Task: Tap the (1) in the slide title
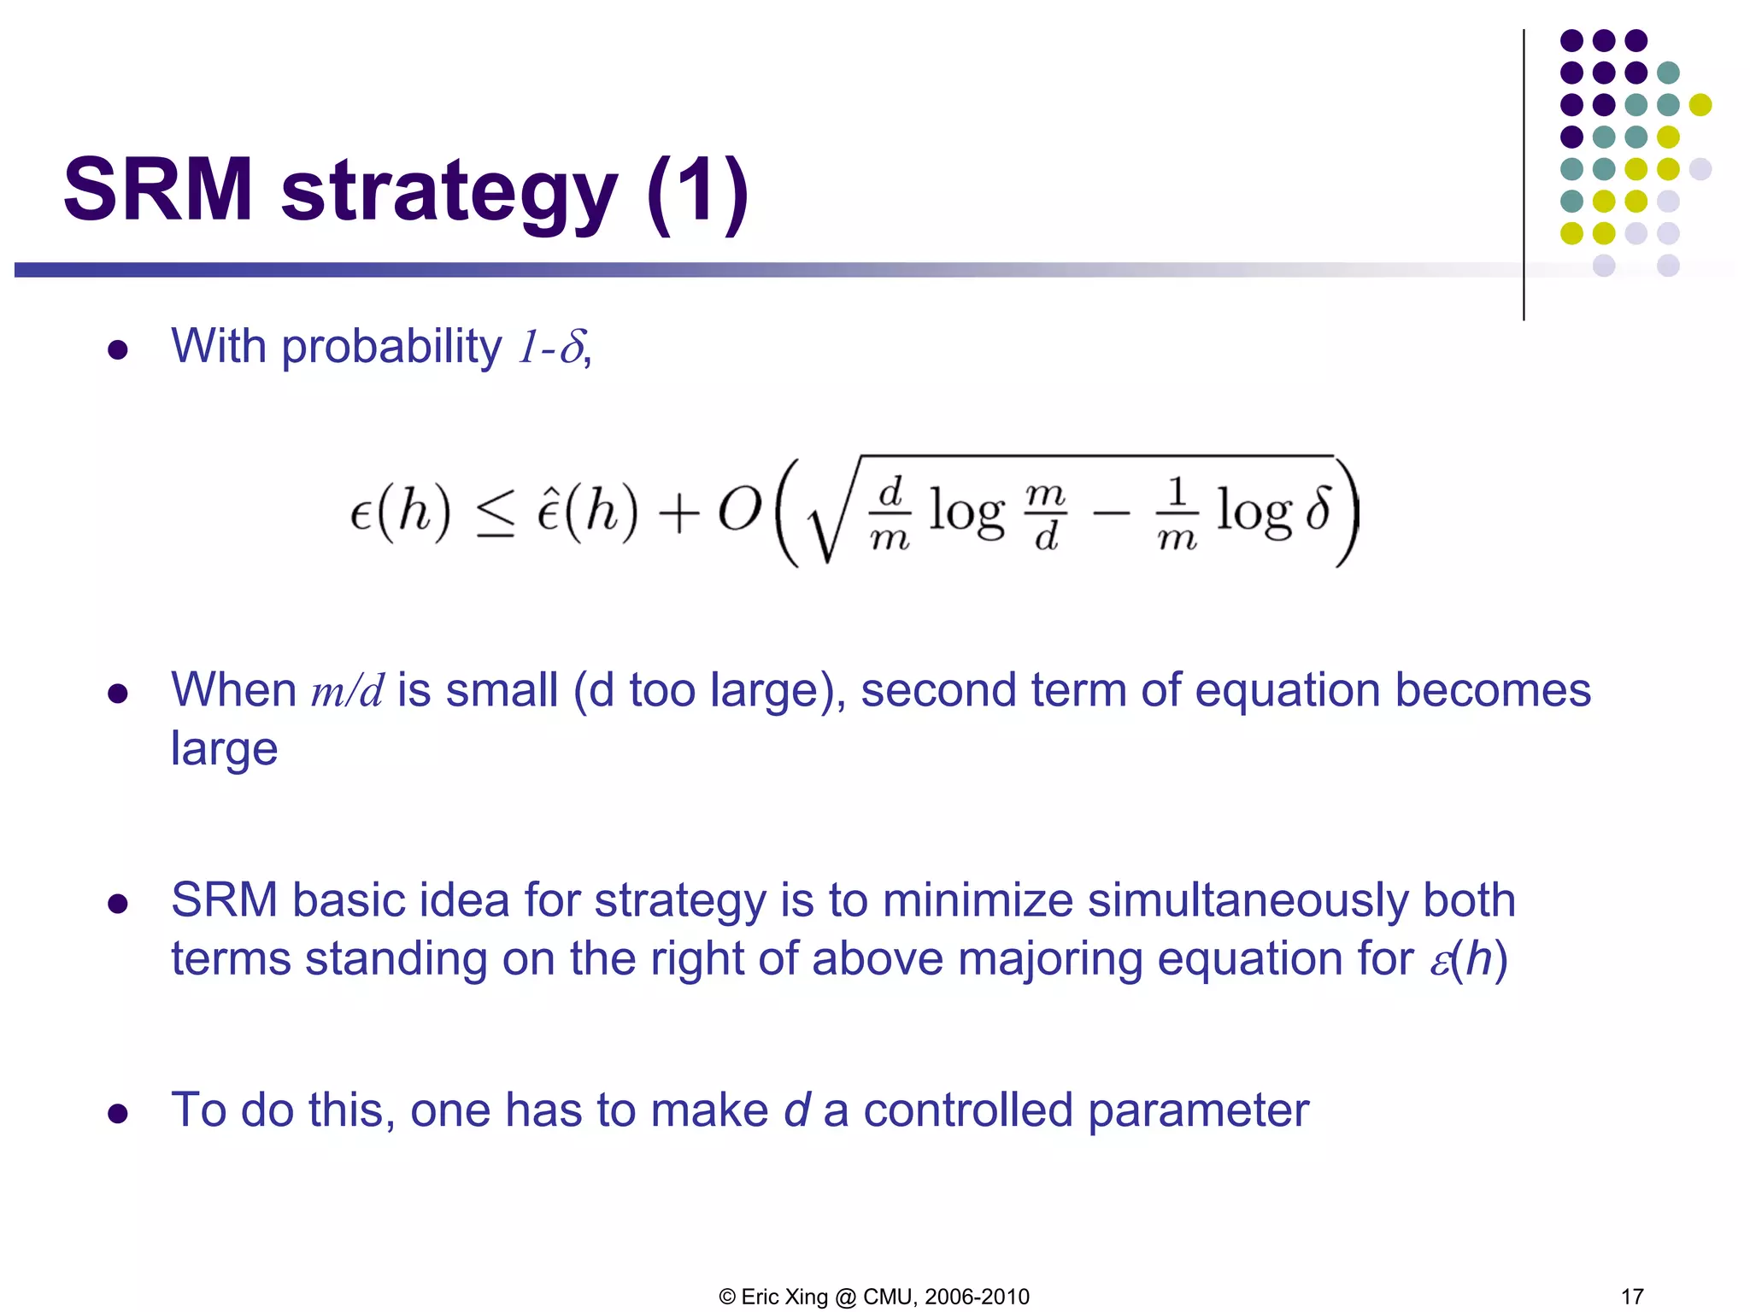(697, 192)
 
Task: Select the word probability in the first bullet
(391, 347)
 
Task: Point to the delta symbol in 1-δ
(572, 348)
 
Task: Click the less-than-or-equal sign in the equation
(496, 513)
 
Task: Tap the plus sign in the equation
(678, 515)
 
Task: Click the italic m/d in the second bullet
(347, 691)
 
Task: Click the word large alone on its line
(224, 748)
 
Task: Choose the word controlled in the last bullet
(967, 1110)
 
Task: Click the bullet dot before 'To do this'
(118, 1113)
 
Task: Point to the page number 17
(1632, 1297)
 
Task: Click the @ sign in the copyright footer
(845, 1297)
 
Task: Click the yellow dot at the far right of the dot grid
(1700, 105)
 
